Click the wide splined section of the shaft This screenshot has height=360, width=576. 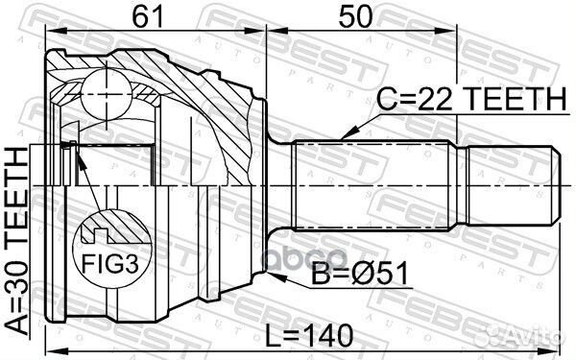coord(373,181)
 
